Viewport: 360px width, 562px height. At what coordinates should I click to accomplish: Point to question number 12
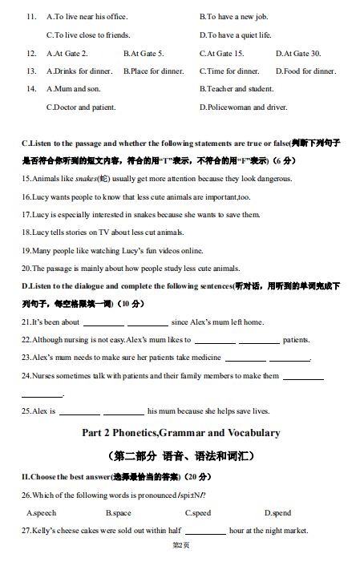pyautogui.click(x=31, y=54)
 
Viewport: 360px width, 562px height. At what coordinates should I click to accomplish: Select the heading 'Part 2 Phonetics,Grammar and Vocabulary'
pyautogui.click(x=180, y=433)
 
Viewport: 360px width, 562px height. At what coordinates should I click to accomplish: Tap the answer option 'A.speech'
pyautogui.click(x=42, y=512)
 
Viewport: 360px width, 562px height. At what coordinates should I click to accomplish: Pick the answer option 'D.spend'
pyautogui.click(x=277, y=512)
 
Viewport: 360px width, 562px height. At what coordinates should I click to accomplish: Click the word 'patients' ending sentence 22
pyautogui.click(x=296, y=340)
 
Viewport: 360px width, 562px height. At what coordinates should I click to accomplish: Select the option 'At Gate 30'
pyautogui.click(x=298, y=54)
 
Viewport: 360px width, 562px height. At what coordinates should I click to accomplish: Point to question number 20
pyautogui.click(x=26, y=269)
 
